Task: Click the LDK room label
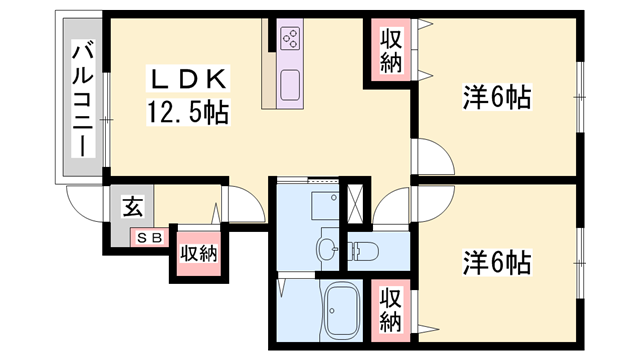coord(188,79)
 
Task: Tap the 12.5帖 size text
coord(188,112)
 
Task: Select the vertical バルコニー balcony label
coord(83,98)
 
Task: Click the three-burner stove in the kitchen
coord(290,38)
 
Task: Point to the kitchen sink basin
coord(290,85)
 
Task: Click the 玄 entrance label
coord(133,206)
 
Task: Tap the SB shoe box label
coord(149,238)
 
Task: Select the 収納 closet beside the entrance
coord(199,253)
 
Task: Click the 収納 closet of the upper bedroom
coord(391,51)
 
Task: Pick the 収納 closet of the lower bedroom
coord(391,309)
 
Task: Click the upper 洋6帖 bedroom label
coord(497,97)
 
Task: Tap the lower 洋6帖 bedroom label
coord(497,262)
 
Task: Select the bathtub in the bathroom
coord(342,311)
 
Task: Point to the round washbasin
coord(327,248)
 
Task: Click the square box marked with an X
coord(354,204)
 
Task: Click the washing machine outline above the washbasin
coord(325,206)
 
